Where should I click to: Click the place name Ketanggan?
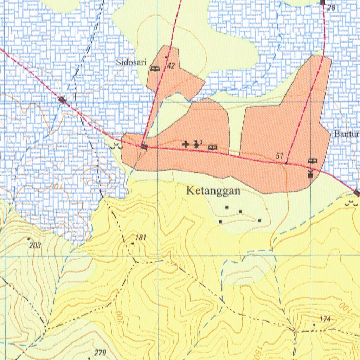[x=213, y=191]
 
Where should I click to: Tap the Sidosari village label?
[x=131, y=63]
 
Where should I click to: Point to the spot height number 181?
[x=141, y=238]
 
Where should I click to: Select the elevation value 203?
[x=36, y=245]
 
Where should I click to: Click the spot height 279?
[x=100, y=353]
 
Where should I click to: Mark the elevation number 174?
[x=325, y=319]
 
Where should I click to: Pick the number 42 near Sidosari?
[x=171, y=66]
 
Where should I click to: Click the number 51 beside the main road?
[x=280, y=156]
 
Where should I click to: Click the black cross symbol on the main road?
[x=186, y=144]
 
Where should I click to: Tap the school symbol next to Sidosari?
[x=155, y=69]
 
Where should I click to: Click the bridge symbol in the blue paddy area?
[x=63, y=100]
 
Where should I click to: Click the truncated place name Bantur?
[x=347, y=134]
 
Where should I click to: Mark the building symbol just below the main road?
[x=310, y=173]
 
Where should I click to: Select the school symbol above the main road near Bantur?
[x=313, y=161]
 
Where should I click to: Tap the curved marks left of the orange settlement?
[x=116, y=147]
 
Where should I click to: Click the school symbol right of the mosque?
[x=213, y=148]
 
